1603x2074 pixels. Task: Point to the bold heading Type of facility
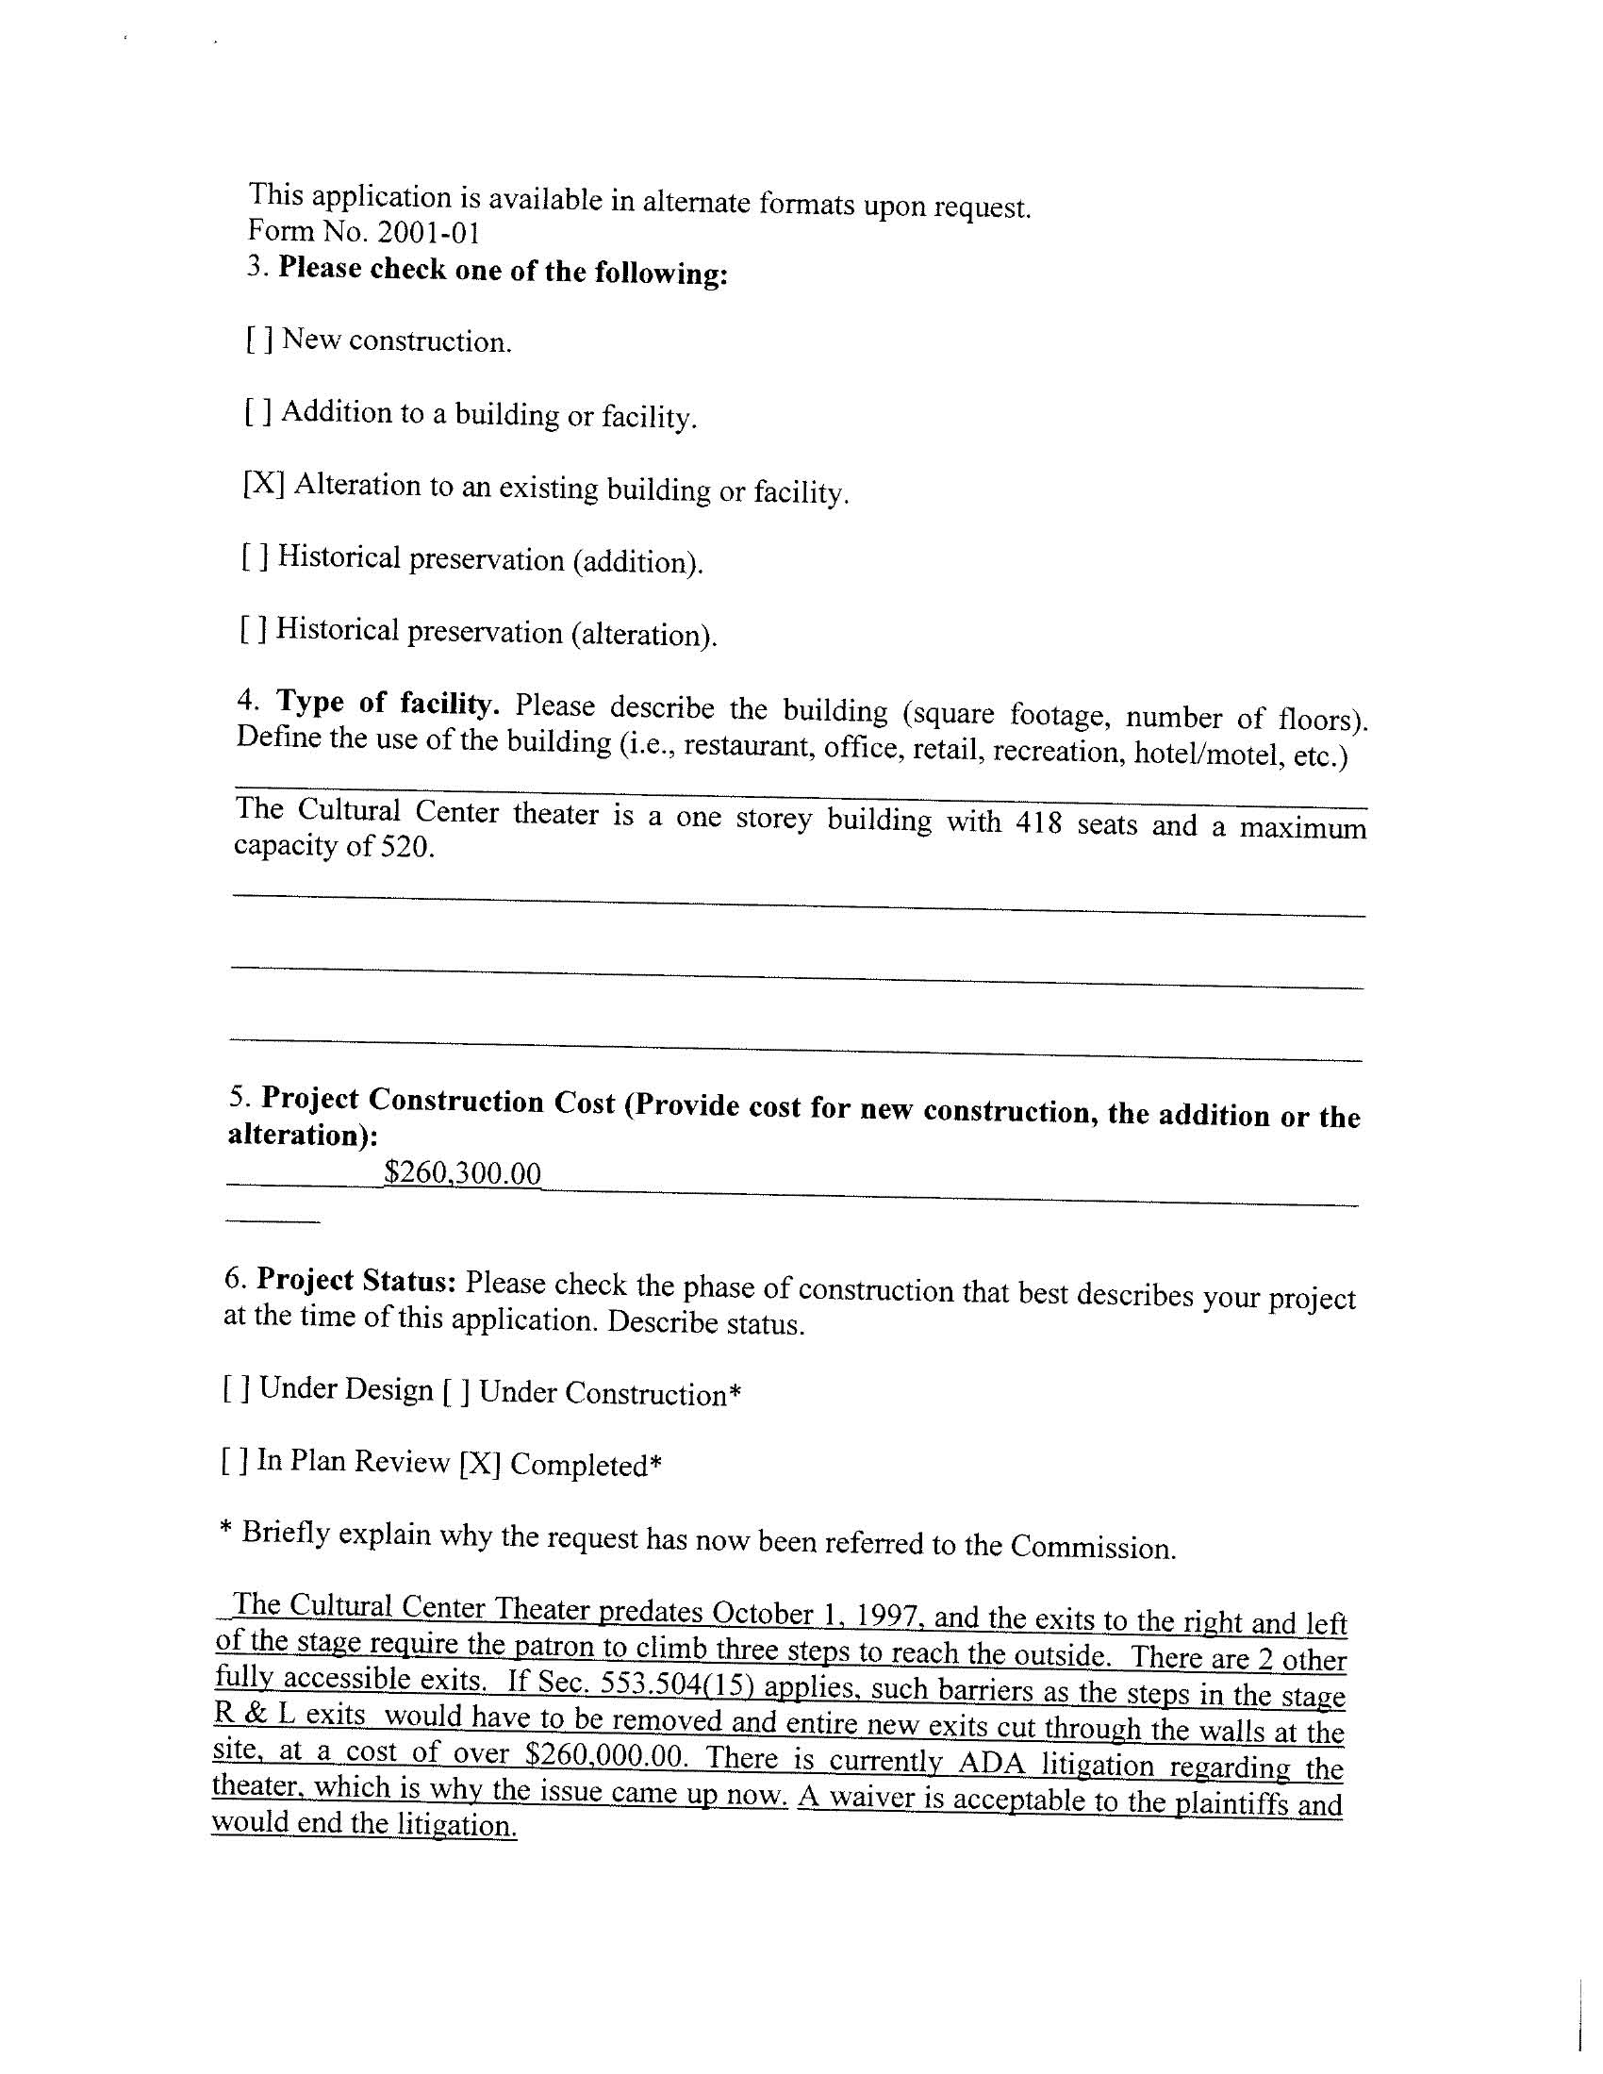[388, 704]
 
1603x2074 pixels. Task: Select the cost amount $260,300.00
[462, 1173]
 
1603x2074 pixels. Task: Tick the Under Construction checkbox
[455, 1392]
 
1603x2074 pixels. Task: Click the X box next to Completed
[479, 1465]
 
